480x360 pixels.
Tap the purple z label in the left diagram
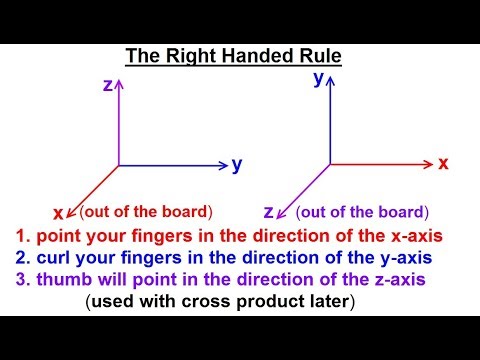(107, 86)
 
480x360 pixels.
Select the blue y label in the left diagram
(237, 165)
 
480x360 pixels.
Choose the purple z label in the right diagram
(268, 211)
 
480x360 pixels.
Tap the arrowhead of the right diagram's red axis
(427, 163)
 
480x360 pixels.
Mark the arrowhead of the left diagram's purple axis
(119, 85)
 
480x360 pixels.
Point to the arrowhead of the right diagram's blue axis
(331, 81)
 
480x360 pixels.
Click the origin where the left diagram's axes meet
(119, 165)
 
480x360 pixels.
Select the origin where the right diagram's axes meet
(331, 163)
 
